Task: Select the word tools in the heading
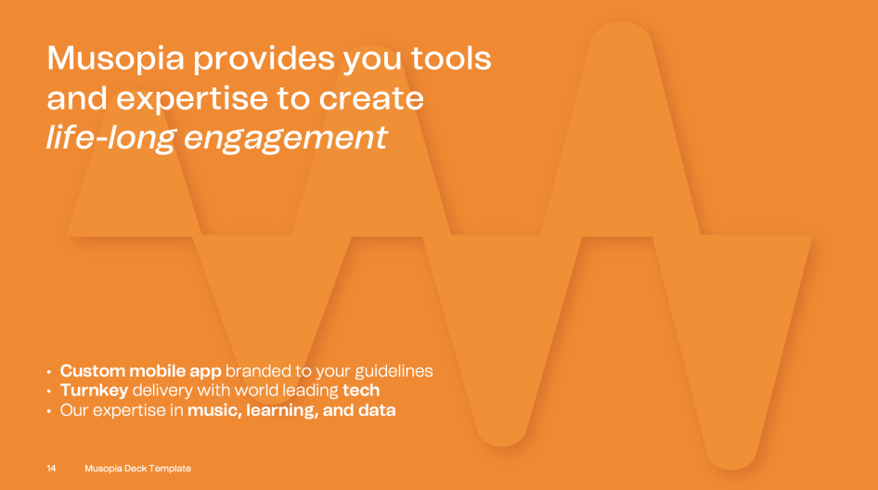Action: click(x=451, y=58)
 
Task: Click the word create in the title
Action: click(x=371, y=98)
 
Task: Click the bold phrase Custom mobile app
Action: click(x=140, y=371)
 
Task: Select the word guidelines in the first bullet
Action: click(x=394, y=371)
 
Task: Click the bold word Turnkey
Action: click(x=94, y=391)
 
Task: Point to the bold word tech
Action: click(x=361, y=391)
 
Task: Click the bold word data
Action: click(x=377, y=410)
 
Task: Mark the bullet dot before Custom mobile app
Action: click(x=48, y=372)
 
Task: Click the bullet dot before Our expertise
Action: click(x=48, y=411)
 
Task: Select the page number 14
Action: click(x=51, y=468)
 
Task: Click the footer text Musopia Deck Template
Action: click(x=137, y=468)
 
